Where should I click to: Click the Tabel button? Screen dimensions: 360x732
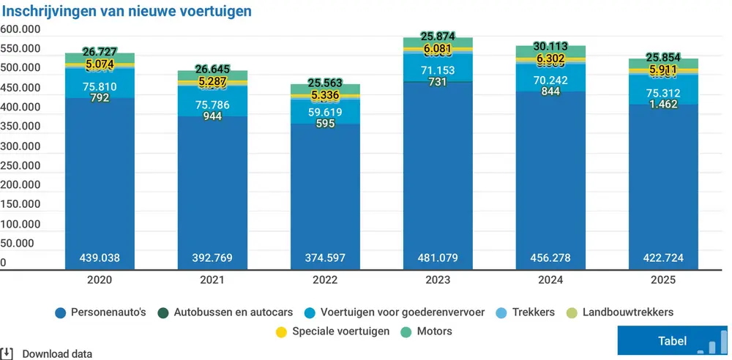673,340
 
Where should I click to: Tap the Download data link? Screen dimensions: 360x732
56,354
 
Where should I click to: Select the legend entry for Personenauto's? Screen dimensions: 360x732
100,312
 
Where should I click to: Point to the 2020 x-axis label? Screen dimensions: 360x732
99,280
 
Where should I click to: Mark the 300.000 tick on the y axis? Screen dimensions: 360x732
20,146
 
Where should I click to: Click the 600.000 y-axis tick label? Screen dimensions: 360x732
20,29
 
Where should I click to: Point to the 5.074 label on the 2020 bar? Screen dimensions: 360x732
100,64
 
